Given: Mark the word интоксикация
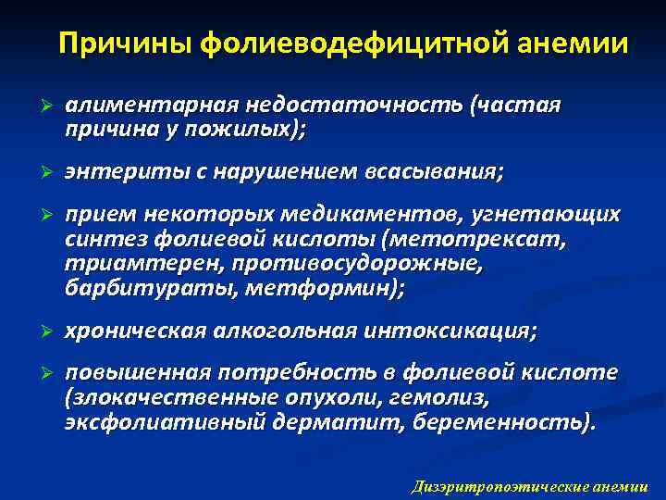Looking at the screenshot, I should [x=462, y=331].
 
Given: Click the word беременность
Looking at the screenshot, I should [x=499, y=422].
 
